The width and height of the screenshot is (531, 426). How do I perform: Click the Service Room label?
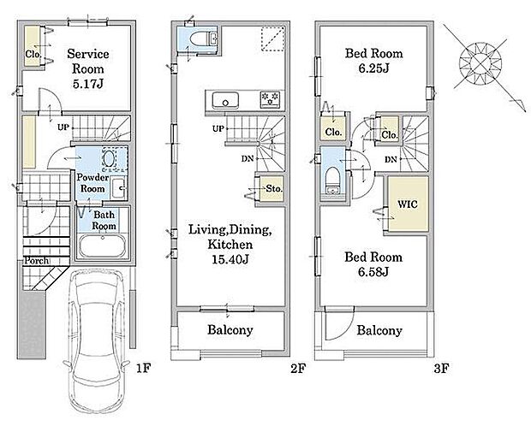(x=88, y=62)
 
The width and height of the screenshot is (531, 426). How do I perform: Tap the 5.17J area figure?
(x=87, y=84)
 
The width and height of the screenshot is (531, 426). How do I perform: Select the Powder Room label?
(x=92, y=183)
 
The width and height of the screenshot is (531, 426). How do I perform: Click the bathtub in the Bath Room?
(x=102, y=246)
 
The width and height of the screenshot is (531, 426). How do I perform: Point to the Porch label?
(x=37, y=261)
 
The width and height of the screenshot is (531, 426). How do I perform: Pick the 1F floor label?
(x=143, y=368)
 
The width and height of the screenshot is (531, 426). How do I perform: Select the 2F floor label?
(x=298, y=368)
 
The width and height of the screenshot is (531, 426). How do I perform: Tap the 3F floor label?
(x=442, y=368)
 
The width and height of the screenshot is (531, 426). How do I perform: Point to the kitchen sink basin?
(x=225, y=100)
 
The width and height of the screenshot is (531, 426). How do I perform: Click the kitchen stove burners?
(x=271, y=99)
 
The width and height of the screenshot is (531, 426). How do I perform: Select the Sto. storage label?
(x=274, y=188)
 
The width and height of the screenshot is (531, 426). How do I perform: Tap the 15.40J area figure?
(x=230, y=259)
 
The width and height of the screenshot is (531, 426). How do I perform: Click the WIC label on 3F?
(x=408, y=204)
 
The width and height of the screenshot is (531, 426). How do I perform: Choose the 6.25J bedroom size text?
(x=374, y=68)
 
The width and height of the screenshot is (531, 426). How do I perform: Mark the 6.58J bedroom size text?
(x=373, y=272)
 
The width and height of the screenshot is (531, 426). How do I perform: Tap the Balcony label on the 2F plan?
(x=230, y=330)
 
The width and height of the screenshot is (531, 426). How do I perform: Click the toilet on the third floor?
(x=333, y=180)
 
